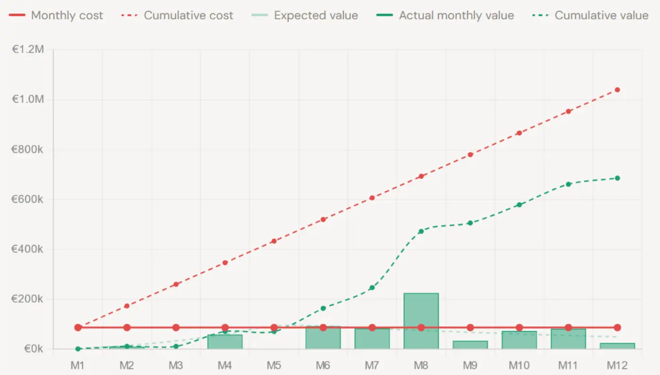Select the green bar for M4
click(x=225, y=342)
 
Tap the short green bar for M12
click(x=617, y=346)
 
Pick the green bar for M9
click(x=470, y=345)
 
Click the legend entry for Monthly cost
click(x=56, y=15)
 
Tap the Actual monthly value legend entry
click(x=445, y=15)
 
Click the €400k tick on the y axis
click(x=27, y=249)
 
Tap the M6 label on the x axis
click(x=323, y=365)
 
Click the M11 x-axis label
click(x=568, y=365)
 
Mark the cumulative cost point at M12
click(x=617, y=90)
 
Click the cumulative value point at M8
click(x=421, y=231)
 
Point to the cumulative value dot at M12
click(x=617, y=178)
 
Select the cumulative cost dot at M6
click(x=323, y=219)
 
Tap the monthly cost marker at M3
click(x=176, y=327)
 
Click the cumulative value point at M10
click(x=519, y=205)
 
